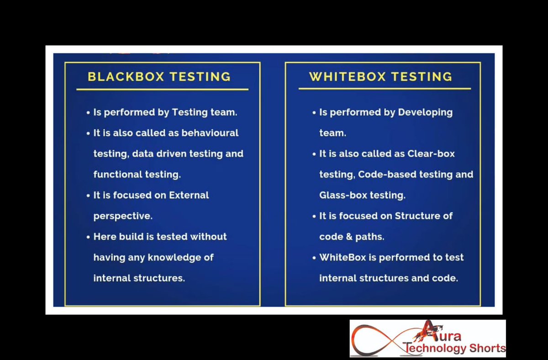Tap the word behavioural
[x=210, y=133]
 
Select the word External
[x=189, y=195]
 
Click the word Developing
[x=425, y=112]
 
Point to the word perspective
[x=123, y=216]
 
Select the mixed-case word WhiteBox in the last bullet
[x=342, y=257]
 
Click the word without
[x=208, y=236]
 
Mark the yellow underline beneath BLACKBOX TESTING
[x=162, y=89]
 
